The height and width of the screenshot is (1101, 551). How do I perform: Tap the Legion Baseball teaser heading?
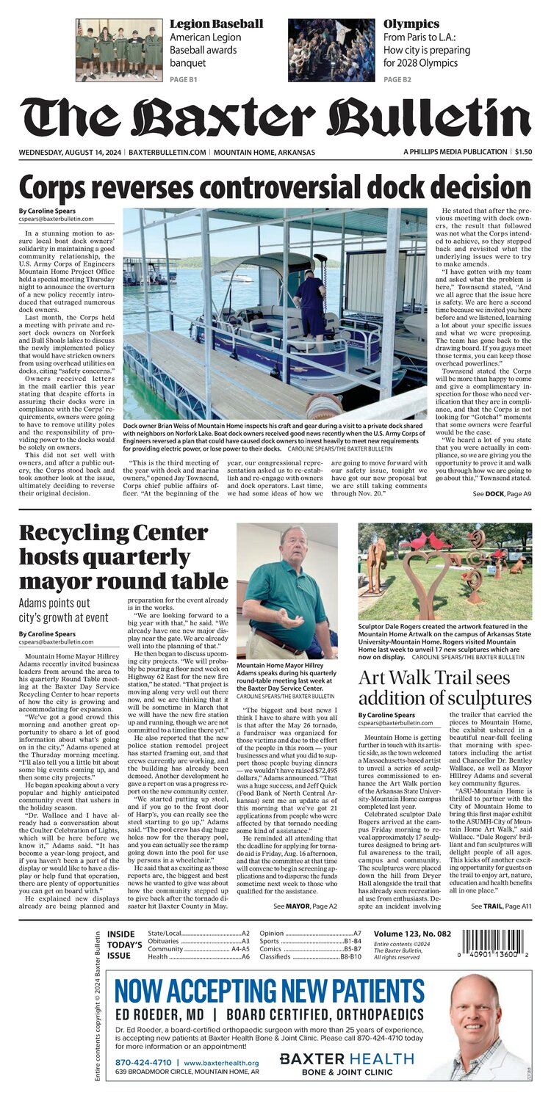[216, 23]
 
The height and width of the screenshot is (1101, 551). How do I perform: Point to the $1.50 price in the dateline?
[523, 152]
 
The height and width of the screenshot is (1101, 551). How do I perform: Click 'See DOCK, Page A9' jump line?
[502, 495]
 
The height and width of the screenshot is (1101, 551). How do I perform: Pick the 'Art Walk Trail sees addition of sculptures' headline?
[444, 688]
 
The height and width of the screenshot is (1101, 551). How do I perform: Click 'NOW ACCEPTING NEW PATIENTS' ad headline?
[270, 990]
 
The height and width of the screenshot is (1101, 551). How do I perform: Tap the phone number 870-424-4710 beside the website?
[143, 1062]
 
